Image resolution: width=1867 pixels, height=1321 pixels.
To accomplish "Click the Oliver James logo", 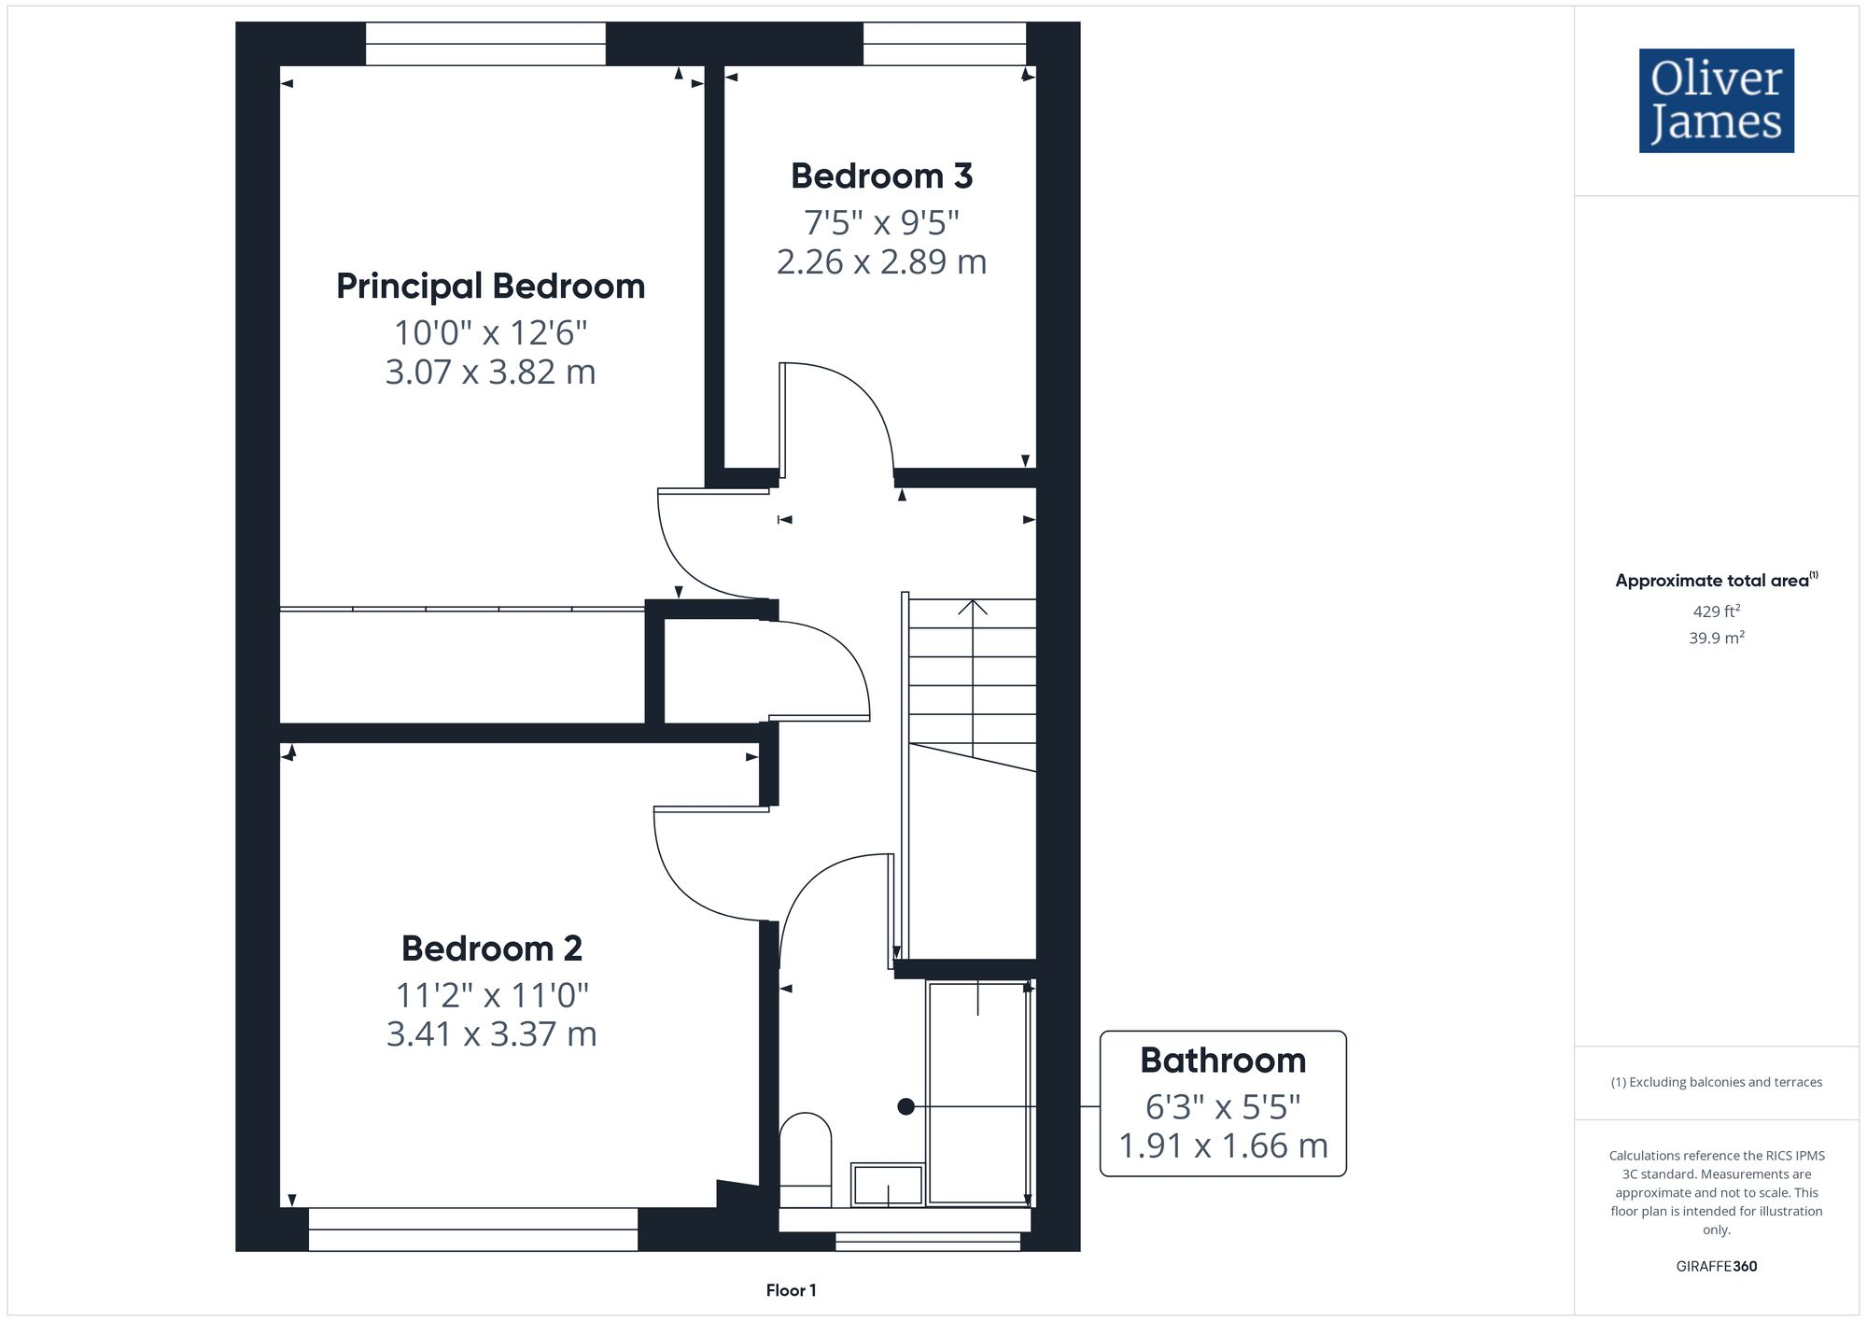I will (1716, 101).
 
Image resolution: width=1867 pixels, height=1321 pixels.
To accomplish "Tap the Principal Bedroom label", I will (490, 286).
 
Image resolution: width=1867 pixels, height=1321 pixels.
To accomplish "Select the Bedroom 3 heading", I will (881, 176).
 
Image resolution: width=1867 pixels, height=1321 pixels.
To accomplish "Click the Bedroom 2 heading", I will (492, 949).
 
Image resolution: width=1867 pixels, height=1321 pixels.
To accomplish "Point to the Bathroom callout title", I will (1223, 1061).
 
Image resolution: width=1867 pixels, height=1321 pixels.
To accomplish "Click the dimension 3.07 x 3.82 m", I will (490, 372).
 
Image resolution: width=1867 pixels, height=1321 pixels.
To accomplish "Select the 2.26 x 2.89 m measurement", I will (881, 261).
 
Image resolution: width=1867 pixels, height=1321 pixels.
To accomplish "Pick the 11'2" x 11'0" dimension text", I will (492, 995).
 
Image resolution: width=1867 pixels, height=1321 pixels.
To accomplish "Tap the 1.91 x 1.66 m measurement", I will (1223, 1145).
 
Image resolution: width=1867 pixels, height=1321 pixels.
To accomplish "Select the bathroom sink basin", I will (887, 1185).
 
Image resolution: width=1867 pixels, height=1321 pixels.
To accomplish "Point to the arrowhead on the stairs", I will (973, 607).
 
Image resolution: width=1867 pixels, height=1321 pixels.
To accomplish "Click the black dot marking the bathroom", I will (905, 1106).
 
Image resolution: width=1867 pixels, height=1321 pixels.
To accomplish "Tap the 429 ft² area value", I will (1716, 611).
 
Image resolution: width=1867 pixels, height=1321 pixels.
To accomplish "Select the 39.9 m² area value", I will (1716, 639).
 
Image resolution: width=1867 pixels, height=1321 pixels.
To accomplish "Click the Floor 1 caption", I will (791, 1290).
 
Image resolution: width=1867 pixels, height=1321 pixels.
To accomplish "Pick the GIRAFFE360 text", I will (1716, 1267).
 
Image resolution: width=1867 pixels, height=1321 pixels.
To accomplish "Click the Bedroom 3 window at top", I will (944, 44).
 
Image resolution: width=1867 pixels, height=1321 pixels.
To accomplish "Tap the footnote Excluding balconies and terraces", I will (1716, 1082).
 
